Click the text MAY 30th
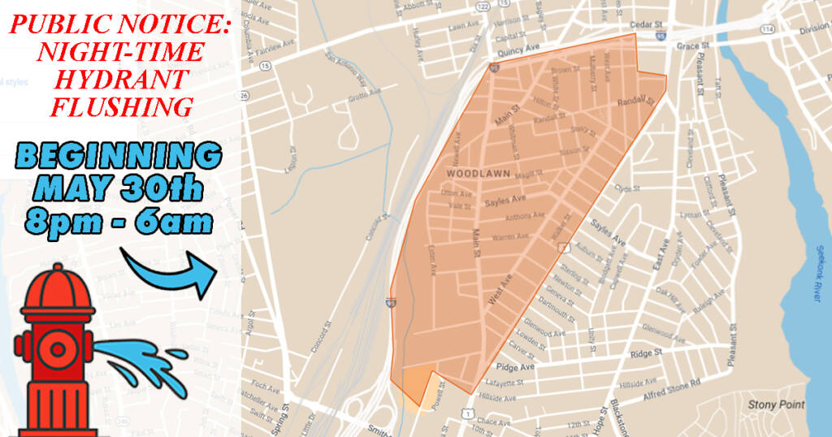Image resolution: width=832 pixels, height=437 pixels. [x=118, y=188]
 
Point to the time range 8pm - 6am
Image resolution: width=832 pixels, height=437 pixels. [x=118, y=220]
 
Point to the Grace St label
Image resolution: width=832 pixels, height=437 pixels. [x=688, y=46]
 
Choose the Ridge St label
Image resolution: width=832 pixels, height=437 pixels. [x=647, y=353]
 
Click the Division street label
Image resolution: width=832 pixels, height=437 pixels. [x=814, y=28]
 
